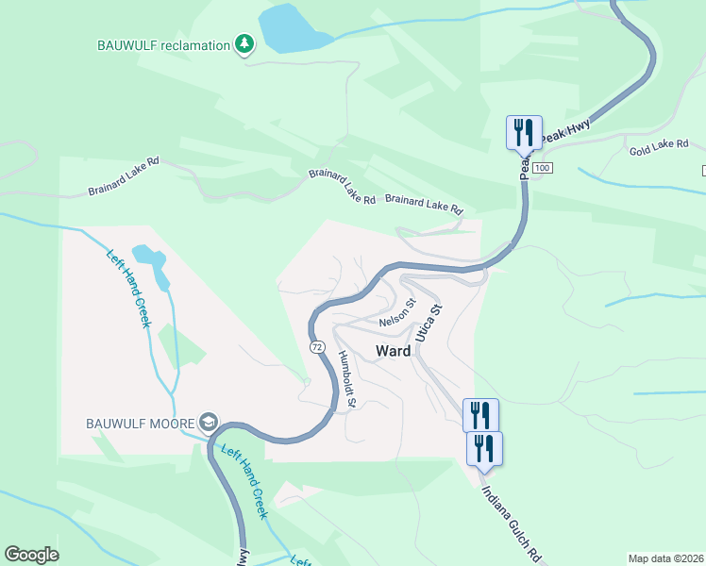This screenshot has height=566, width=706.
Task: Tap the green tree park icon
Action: coord(245,43)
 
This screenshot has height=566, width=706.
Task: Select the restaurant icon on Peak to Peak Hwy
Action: coord(524,132)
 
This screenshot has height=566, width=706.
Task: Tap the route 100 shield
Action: coord(541,167)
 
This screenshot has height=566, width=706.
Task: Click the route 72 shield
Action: coord(317,347)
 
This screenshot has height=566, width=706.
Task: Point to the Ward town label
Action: coord(394,351)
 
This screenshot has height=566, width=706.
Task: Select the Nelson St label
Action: coord(397,315)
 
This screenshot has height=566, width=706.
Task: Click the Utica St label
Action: coord(429,323)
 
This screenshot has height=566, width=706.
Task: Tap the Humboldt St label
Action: coord(345,378)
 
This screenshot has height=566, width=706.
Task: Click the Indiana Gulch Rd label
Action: coord(511,524)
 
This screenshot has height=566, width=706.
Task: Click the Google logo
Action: coord(31,555)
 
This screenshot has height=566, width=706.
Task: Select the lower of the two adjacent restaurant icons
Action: coord(484,448)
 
